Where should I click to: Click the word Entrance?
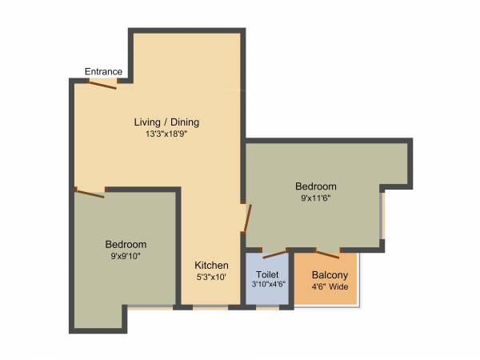(x=103, y=72)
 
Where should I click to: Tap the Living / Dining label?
(x=166, y=122)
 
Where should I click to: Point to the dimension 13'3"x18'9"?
(x=166, y=134)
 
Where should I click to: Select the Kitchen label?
(x=212, y=266)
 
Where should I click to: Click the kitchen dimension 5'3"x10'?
(x=212, y=278)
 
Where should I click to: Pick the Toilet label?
(x=266, y=274)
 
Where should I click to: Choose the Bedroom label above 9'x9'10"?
(x=126, y=244)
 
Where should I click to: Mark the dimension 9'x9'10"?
(x=126, y=256)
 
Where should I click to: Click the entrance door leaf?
(x=103, y=83)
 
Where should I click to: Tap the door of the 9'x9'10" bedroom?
(x=90, y=191)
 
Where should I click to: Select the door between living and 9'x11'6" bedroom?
(x=248, y=218)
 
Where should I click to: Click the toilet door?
(x=274, y=254)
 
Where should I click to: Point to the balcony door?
(x=328, y=254)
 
